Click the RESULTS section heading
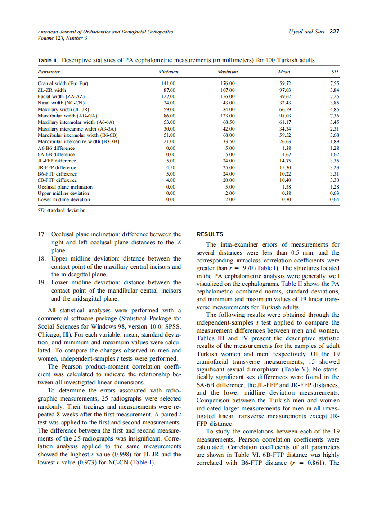210,234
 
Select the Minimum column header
168,72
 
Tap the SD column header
334,72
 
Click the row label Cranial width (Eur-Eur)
63,84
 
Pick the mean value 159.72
283,84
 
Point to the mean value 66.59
283,109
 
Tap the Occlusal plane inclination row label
65,186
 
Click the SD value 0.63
334,193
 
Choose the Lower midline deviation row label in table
63,199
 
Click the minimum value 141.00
168,84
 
